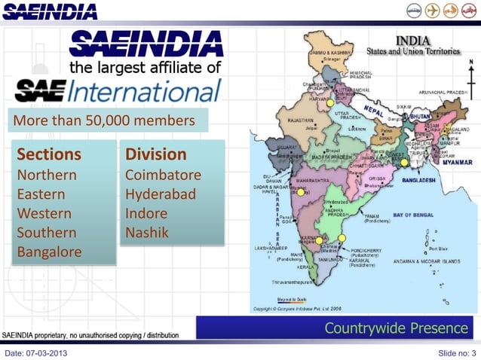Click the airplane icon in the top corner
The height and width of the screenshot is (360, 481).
coord(433,11)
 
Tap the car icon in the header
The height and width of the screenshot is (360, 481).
coord(413,11)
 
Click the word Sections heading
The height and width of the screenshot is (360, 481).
coord(49,154)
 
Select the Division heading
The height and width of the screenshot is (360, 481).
coord(156,154)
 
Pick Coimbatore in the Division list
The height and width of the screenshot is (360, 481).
coord(163,175)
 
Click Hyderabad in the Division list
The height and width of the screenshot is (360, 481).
coord(161,194)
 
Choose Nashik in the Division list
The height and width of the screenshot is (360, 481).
coord(147,233)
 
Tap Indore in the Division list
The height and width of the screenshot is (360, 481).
coord(146,213)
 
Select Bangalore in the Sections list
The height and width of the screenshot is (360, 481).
coord(49,252)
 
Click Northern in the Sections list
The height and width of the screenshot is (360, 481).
coord(47,175)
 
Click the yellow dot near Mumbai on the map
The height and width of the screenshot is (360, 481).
coord(300,193)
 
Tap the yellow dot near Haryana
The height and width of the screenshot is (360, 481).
coord(329,103)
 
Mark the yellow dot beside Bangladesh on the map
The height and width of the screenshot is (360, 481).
coord(404,162)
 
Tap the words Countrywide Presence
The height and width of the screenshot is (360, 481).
coord(396,328)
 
